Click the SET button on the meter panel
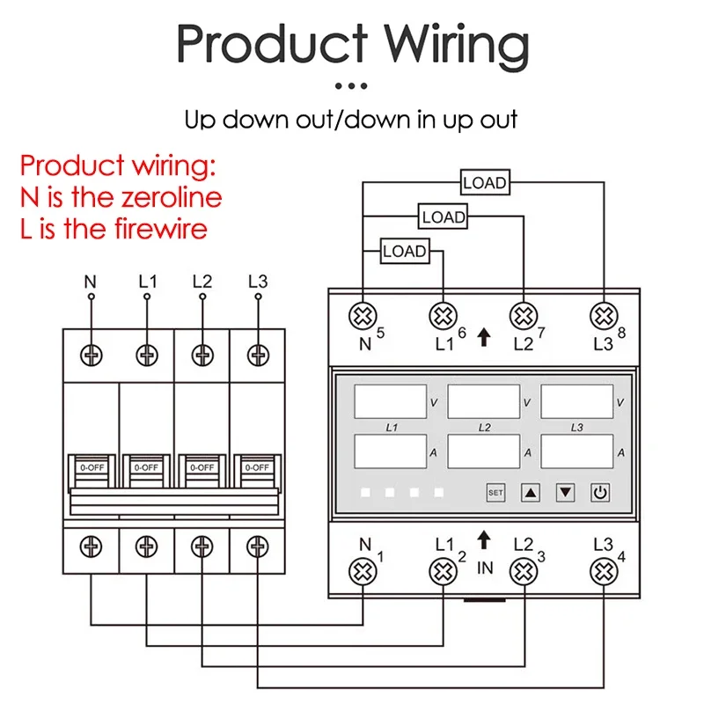[495, 493]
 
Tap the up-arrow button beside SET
[531, 493]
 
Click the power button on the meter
[600, 493]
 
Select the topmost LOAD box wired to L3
[485, 182]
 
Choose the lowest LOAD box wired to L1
[405, 251]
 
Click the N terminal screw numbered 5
[363, 316]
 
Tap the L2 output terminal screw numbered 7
[524, 316]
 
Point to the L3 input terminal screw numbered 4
[604, 571]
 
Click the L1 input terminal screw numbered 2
[444, 571]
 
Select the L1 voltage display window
[390, 401]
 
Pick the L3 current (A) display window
[577, 451]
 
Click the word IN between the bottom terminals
[485, 568]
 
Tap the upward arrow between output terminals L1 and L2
[483, 337]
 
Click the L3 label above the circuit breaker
[258, 282]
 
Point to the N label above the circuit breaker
[91, 282]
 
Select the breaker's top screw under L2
[202, 356]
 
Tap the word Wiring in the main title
[457, 46]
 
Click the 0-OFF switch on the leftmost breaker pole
[92, 471]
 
